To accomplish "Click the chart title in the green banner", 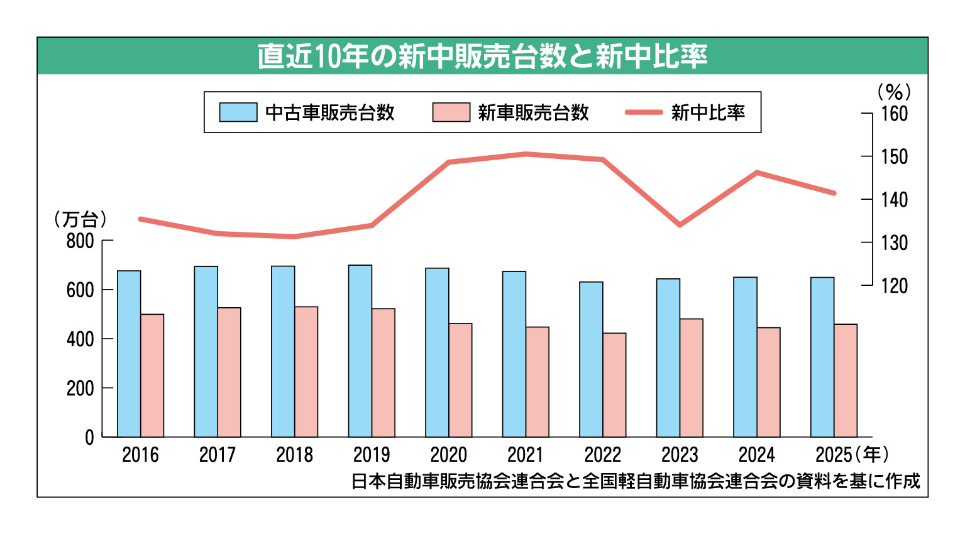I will pos(482,57).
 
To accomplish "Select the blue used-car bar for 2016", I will pos(129,354).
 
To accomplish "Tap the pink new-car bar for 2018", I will pos(306,371).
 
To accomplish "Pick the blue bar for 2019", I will pos(360,351).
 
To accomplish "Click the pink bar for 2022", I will pos(614,384).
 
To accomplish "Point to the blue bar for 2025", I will pos(822,357).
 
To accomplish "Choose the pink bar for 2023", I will pos(692,378).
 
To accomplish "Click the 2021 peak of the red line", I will pos(526,154).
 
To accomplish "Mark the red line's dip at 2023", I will pos(680,225).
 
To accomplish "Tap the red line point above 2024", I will pos(757,172).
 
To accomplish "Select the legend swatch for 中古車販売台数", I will pos(238,112).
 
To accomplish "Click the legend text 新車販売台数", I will pos(533,112).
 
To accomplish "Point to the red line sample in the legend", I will pos(644,112).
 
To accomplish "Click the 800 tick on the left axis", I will pos(80,241).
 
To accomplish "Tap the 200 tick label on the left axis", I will pos(80,388).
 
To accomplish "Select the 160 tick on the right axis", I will pos(894,114).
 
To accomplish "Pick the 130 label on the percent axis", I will pos(894,242).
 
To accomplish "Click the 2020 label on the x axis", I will pos(448,454).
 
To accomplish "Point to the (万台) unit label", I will pos(80,219).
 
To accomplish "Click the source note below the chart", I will pos(635,481).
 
